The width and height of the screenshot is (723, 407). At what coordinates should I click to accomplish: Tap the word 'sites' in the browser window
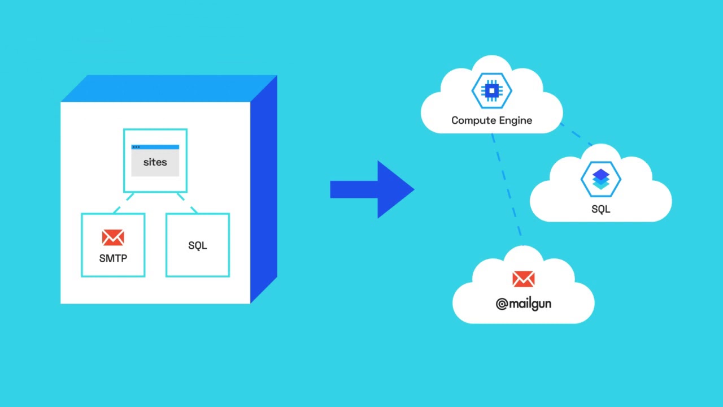[155, 162]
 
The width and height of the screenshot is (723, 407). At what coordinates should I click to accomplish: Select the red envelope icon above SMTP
[113, 237]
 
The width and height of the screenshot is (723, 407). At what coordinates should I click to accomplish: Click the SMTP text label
[113, 258]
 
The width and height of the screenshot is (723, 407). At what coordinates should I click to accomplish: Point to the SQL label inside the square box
[198, 245]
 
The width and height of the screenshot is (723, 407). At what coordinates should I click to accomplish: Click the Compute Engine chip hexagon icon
[492, 90]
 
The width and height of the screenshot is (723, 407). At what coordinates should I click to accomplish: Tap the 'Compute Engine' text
[491, 120]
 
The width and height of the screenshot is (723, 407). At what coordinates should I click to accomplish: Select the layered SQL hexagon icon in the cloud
[601, 179]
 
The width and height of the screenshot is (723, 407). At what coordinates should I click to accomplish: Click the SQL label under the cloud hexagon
[601, 209]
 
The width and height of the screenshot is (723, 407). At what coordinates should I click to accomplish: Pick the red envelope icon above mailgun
[524, 279]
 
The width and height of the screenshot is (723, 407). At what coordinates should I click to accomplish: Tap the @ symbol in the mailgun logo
[502, 305]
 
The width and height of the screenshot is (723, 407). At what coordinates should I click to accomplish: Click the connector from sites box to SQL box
[187, 203]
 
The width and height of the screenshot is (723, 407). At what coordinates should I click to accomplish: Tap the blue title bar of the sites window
[155, 147]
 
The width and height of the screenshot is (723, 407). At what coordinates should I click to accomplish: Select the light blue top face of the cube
[169, 88]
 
